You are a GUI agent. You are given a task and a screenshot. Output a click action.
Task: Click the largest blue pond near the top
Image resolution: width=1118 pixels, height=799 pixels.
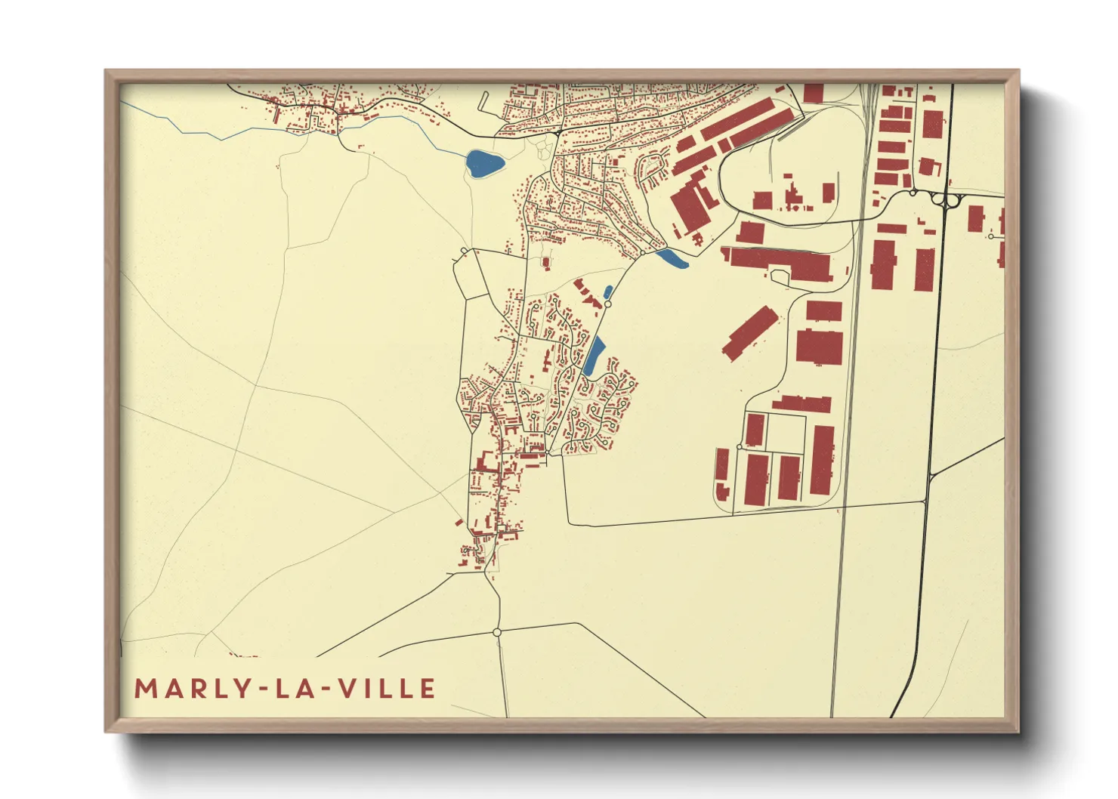tap(484, 163)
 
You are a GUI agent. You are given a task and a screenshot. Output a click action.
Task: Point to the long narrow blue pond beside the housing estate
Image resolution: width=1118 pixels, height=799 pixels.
tap(595, 356)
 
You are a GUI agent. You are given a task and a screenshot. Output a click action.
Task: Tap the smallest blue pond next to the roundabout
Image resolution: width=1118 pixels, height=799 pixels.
tap(608, 292)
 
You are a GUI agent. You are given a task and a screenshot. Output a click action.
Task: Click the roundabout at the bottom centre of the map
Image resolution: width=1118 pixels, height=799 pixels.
tap(496, 632)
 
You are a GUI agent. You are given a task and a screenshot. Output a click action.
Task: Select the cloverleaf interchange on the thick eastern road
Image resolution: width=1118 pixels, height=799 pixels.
tap(944, 198)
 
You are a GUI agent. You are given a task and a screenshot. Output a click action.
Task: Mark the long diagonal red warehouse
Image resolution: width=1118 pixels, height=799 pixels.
tap(749, 333)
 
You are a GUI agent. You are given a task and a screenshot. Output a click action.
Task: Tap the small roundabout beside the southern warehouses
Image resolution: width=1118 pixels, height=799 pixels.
tap(739, 447)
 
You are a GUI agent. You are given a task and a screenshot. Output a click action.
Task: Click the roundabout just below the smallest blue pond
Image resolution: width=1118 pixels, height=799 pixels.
tap(607, 304)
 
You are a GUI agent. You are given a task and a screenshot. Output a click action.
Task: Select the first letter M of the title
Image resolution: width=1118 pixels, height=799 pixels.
tap(144, 689)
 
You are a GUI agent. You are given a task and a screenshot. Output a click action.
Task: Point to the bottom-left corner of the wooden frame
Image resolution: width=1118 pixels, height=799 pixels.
tap(107, 730)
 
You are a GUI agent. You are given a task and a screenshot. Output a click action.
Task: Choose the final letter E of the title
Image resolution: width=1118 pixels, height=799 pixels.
tap(428, 689)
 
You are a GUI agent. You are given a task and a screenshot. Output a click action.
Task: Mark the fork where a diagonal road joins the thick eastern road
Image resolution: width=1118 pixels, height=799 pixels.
tap(928, 476)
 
